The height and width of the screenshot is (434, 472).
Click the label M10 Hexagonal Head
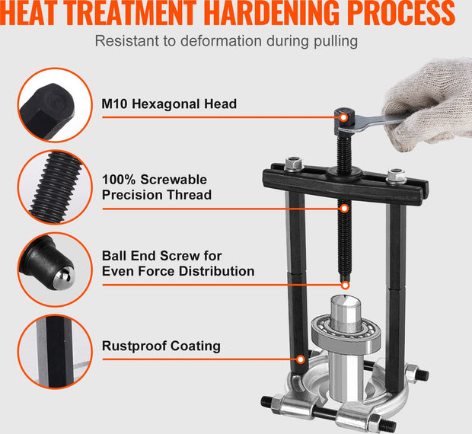169,104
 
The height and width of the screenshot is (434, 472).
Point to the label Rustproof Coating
161,346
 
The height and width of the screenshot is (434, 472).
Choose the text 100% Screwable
154,180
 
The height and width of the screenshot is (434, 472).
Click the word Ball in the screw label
116,256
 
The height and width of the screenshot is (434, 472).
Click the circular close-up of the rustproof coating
50,350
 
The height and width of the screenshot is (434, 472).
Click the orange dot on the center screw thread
344,206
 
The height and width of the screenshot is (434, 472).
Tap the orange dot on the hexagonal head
344,116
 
